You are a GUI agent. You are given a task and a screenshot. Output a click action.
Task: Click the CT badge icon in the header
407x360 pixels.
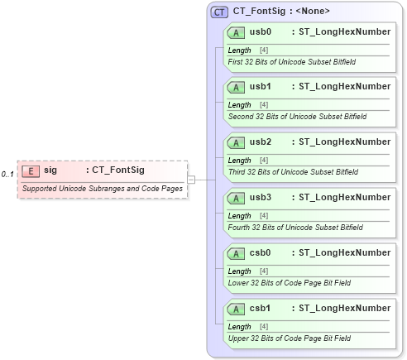(220, 12)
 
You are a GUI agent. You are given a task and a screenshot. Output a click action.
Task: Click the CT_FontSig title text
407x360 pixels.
(281, 12)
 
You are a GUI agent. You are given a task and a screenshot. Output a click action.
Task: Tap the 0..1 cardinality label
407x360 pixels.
(7, 174)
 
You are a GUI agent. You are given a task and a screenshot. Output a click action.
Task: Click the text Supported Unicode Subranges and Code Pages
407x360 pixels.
(103, 189)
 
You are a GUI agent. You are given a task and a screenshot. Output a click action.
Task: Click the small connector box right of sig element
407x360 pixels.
(191, 179)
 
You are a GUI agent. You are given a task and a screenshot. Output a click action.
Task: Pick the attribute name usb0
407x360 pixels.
(261, 31)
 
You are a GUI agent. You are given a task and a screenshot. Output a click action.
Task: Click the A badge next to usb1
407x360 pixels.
(236, 87)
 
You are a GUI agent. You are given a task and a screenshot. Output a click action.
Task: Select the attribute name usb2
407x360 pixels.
(261, 142)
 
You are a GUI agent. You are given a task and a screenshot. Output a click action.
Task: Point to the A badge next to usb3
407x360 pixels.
(236, 198)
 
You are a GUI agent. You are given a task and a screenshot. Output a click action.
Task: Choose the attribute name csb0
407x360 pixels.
(261, 253)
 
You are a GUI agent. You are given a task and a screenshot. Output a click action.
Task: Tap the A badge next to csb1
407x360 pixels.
(236, 309)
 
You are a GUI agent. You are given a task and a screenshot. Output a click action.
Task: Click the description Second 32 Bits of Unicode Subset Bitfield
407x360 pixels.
(296, 117)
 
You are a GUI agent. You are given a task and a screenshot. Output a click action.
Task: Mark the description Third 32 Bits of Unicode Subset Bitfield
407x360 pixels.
(293, 172)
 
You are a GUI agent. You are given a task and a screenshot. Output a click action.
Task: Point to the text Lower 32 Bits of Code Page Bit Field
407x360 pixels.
(289, 282)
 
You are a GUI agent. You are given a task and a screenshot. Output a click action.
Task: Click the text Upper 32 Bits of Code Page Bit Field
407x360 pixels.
(289, 338)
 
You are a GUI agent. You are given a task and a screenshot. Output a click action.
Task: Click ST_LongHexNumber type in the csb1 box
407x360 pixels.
(344, 308)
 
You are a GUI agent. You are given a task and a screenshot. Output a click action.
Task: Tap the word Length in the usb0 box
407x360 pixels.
(239, 50)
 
